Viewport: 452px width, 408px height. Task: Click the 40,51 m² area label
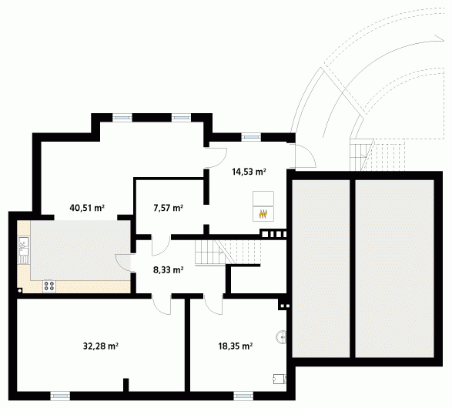pos(87,208)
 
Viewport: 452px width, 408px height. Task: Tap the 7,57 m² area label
pos(169,208)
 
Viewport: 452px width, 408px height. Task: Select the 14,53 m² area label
pos(249,172)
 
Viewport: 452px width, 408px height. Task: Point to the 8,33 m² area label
pos(169,270)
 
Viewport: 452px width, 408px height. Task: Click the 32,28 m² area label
pos(101,346)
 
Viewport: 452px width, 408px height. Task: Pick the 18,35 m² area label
pos(236,346)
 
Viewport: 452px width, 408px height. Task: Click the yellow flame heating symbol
pos(263,214)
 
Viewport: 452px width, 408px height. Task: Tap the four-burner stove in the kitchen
pos(49,286)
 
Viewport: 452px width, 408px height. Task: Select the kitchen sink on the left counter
pos(24,250)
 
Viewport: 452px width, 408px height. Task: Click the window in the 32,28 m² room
pos(60,396)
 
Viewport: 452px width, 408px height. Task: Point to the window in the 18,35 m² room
pos(243,396)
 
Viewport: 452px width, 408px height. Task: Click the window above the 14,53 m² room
pos(251,137)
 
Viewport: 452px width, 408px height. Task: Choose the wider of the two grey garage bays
pos(394,269)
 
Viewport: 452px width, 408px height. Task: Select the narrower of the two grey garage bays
pos(321,269)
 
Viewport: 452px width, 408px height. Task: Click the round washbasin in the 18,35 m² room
pos(281,337)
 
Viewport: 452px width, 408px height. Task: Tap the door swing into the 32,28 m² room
pos(162,306)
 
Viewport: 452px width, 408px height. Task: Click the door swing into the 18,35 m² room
pos(213,306)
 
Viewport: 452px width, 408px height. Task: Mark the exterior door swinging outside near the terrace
pos(306,156)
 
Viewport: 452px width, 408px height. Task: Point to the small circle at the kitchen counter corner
pos(19,291)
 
